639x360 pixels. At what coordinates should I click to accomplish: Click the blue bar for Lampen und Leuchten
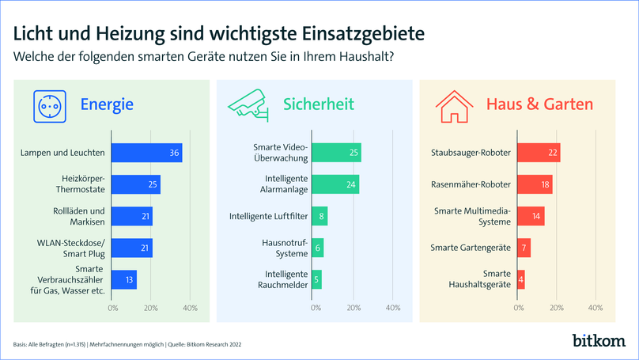(x=147, y=153)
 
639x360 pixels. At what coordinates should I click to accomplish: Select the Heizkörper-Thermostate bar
(x=136, y=184)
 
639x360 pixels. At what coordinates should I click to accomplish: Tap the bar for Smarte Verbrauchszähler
(x=124, y=279)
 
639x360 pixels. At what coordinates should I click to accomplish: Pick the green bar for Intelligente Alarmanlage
(x=335, y=184)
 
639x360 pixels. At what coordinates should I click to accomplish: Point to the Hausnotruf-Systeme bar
(x=318, y=248)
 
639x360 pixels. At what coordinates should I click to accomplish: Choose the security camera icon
(x=249, y=105)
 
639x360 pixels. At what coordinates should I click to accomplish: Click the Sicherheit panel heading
(x=319, y=104)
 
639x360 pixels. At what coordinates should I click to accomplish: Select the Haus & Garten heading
(x=539, y=104)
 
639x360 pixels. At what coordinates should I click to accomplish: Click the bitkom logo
(x=598, y=341)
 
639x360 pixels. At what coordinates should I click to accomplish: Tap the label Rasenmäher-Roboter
(x=471, y=184)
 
